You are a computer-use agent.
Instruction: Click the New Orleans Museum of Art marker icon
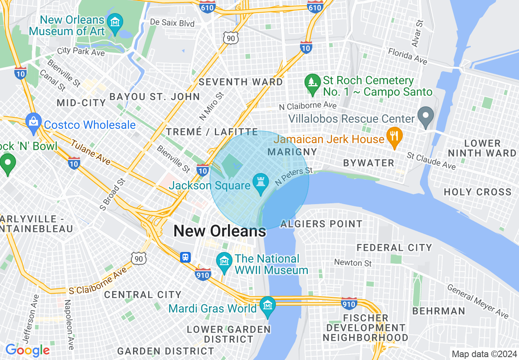[115, 21]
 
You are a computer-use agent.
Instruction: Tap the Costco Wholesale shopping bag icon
[34, 122]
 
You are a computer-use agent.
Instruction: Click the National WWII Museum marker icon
[224, 261]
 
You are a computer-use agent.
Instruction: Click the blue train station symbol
[185, 257]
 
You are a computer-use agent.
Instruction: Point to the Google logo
[27, 350]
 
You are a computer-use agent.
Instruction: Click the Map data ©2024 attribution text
[484, 354]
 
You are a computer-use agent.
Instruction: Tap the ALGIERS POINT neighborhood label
[321, 224]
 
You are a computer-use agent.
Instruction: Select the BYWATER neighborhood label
[368, 163]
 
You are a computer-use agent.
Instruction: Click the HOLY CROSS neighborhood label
[478, 192]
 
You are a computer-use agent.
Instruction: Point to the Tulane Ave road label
[90, 152]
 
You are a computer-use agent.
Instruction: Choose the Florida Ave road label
[407, 56]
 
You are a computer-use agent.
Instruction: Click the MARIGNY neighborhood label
[292, 152]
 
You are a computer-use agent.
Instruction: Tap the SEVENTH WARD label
[241, 82]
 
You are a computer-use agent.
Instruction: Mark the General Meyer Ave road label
[478, 301]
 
